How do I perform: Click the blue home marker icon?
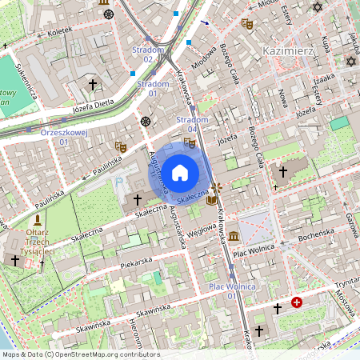pos(180,172)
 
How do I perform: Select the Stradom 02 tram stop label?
pos(148,54)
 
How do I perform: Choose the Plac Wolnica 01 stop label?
pos(232,290)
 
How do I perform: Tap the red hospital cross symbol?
pos(297,302)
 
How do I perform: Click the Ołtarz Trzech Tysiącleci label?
pos(37,241)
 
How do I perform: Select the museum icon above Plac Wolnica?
pos(233,237)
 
